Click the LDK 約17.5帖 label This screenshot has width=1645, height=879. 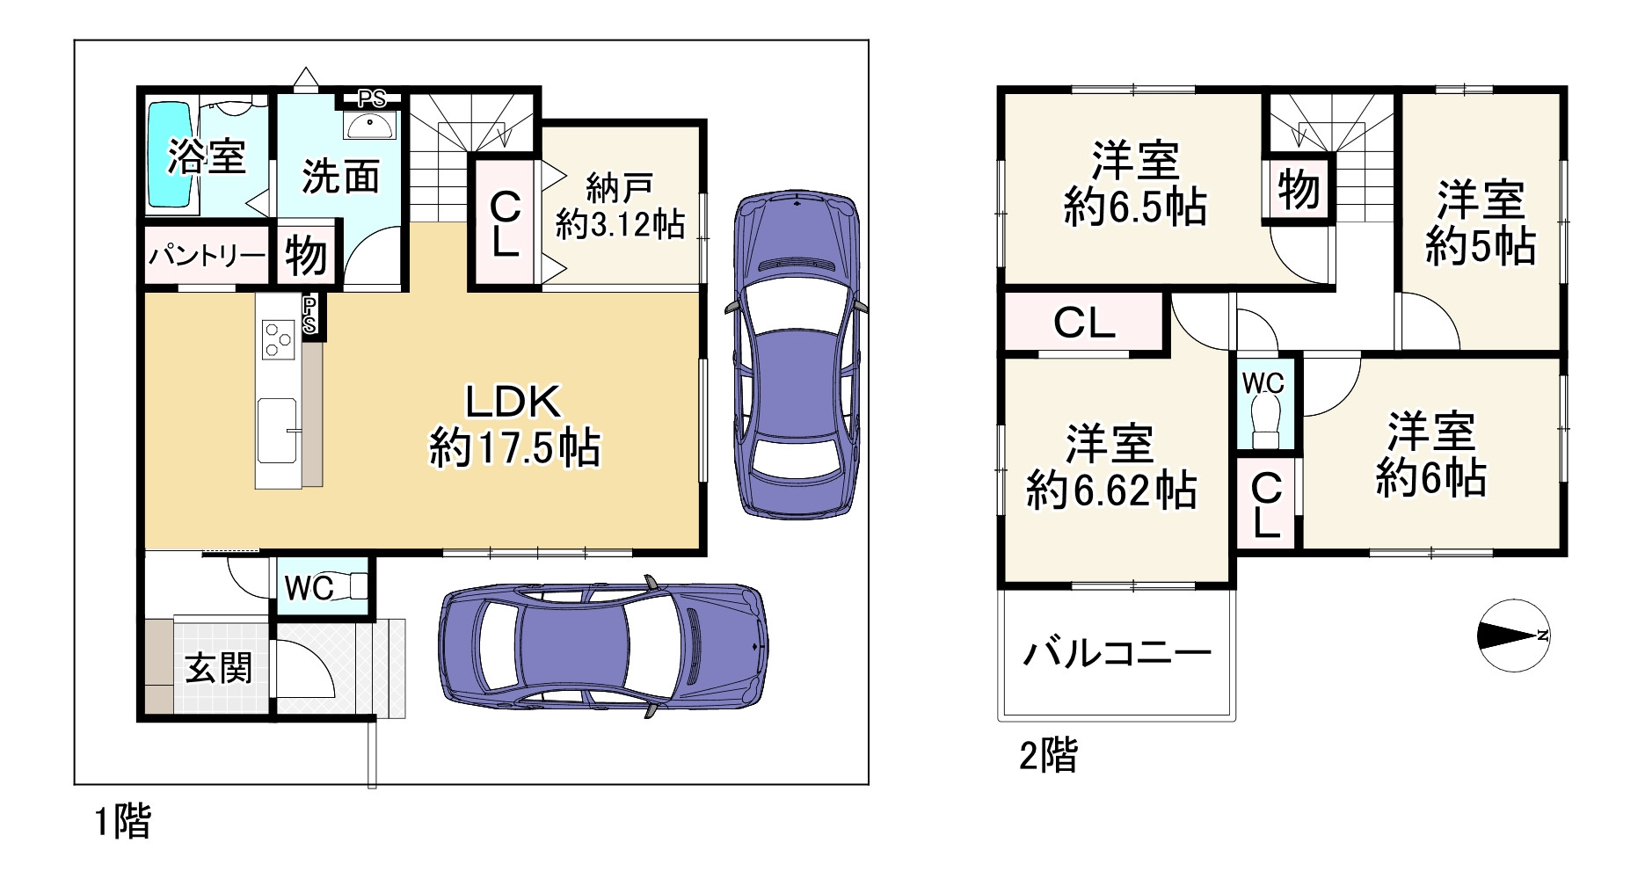pyautogui.click(x=513, y=426)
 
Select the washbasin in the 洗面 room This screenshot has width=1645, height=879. pyautogui.click(x=373, y=126)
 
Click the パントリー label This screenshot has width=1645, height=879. pyautogui.click(x=207, y=256)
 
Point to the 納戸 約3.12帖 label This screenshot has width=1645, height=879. pyautogui.click(x=620, y=207)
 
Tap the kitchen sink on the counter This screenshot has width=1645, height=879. pyautogui.click(x=278, y=429)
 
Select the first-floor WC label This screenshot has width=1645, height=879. pyautogui.click(x=309, y=588)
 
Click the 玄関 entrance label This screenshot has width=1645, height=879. pyautogui.click(x=218, y=668)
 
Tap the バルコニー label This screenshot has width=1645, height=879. pyautogui.click(x=1117, y=653)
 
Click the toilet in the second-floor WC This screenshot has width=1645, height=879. pyautogui.click(x=1267, y=419)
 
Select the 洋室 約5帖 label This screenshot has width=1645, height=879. pyautogui.click(x=1480, y=223)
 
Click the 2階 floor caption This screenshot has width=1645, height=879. pyautogui.click(x=1048, y=755)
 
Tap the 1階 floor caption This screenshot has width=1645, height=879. pyautogui.click(x=122, y=822)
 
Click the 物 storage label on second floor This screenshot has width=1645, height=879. pyautogui.click(x=1298, y=189)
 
